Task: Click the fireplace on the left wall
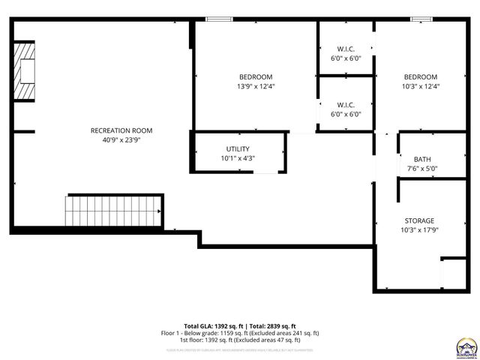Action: pyautogui.click(x=28, y=71)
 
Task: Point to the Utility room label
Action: pyautogui.click(x=238, y=148)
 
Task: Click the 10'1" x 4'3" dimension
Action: pyautogui.click(x=238, y=158)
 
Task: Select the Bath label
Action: pyautogui.click(x=422, y=159)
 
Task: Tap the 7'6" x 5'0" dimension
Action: pyautogui.click(x=422, y=169)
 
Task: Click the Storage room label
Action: pyautogui.click(x=419, y=220)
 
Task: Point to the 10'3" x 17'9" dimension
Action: pyautogui.click(x=419, y=230)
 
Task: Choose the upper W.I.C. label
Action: pyautogui.click(x=346, y=49)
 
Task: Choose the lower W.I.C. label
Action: pyautogui.click(x=346, y=104)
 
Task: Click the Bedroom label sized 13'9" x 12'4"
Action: pyautogui.click(x=256, y=76)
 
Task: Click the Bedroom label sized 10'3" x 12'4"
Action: pyautogui.click(x=420, y=76)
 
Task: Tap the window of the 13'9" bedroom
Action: pyautogui.click(x=218, y=19)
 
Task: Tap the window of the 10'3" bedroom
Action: pyautogui.click(x=420, y=19)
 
